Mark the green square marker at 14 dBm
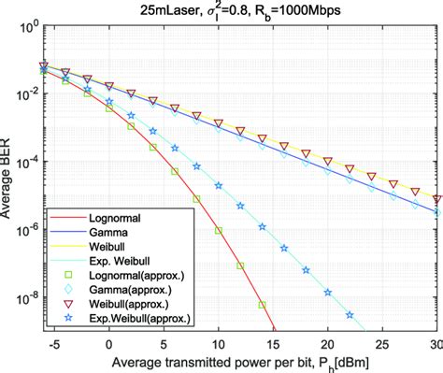263,305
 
